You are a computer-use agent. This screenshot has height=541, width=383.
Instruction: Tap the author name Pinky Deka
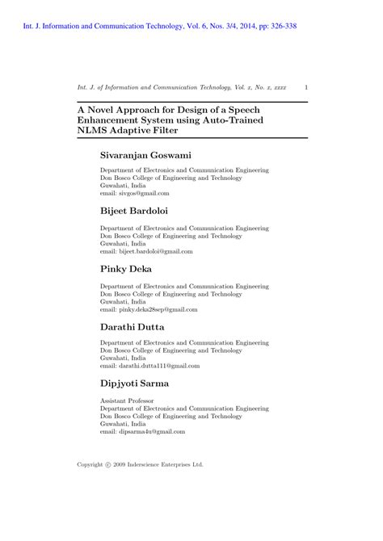pyautogui.click(x=128, y=270)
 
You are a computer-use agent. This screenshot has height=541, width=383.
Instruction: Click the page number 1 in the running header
pyautogui.click(x=305, y=86)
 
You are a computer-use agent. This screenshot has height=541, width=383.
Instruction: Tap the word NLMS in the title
pyautogui.click(x=94, y=130)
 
